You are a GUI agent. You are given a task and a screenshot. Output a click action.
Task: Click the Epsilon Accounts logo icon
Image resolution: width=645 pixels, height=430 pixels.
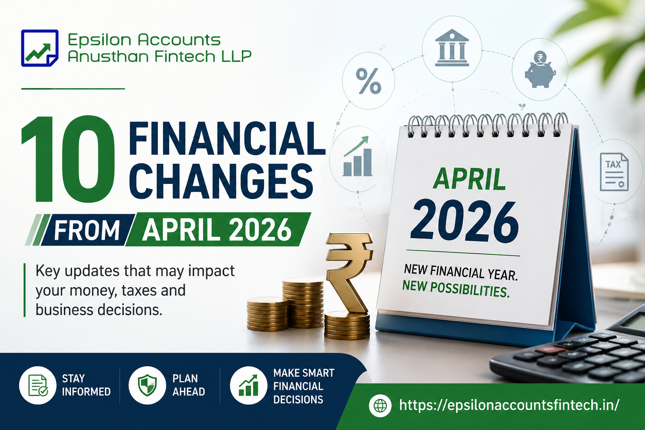[x=39, y=48]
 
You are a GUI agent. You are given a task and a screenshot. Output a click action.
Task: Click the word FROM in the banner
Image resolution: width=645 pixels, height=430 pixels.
[x=87, y=230]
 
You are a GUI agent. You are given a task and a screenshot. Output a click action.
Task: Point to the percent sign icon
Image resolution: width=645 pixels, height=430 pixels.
[x=368, y=81]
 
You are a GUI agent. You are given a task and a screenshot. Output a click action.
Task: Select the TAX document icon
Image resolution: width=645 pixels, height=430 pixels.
[x=614, y=172]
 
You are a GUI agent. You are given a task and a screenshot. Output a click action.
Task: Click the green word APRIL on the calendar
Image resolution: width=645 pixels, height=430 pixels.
[x=469, y=180]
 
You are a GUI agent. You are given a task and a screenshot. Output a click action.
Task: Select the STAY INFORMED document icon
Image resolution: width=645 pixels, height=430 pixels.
[x=38, y=385]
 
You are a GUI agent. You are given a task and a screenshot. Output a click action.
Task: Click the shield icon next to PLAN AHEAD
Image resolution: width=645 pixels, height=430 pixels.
[x=147, y=385]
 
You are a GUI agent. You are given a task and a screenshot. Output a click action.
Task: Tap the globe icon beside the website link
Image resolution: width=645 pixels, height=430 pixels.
[x=380, y=405]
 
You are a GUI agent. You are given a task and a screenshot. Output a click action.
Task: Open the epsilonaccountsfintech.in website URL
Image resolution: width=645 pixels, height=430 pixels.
[x=509, y=405]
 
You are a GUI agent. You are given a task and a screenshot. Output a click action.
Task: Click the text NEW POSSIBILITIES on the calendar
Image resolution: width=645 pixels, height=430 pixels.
[x=456, y=289]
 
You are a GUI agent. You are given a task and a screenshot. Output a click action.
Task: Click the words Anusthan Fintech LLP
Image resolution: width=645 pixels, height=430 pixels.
[x=160, y=56]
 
